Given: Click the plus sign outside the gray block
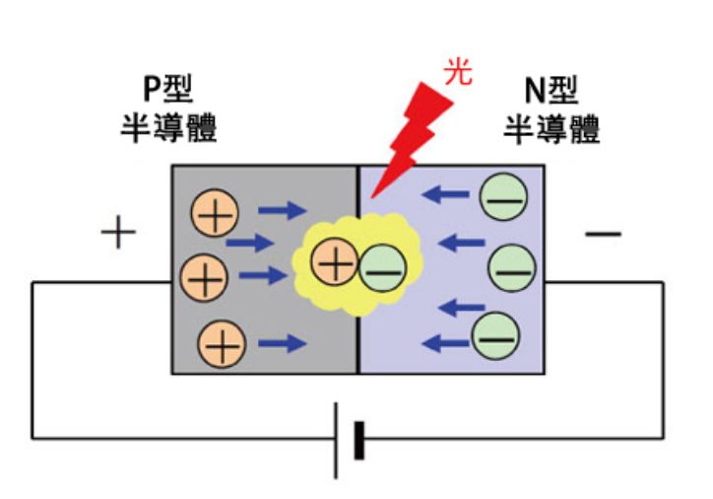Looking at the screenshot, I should pyautogui.click(x=118, y=234).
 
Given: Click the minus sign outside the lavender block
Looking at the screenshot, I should pyautogui.click(x=603, y=234).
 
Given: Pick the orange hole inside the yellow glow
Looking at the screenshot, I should pyautogui.click(x=333, y=262).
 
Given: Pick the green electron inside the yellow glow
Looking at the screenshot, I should pyautogui.click(x=380, y=267).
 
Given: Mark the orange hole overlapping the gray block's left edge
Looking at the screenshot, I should pyautogui.click(x=202, y=278).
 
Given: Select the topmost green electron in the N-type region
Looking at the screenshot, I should pyautogui.click(x=501, y=197).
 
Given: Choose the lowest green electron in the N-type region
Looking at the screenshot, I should pyautogui.click(x=494, y=336).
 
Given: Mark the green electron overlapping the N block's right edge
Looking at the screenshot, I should pyautogui.click(x=514, y=266).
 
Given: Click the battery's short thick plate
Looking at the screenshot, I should pyautogui.click(x=358, y=439).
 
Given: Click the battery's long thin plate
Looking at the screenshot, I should pyautogui.click(x=336, y=439).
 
